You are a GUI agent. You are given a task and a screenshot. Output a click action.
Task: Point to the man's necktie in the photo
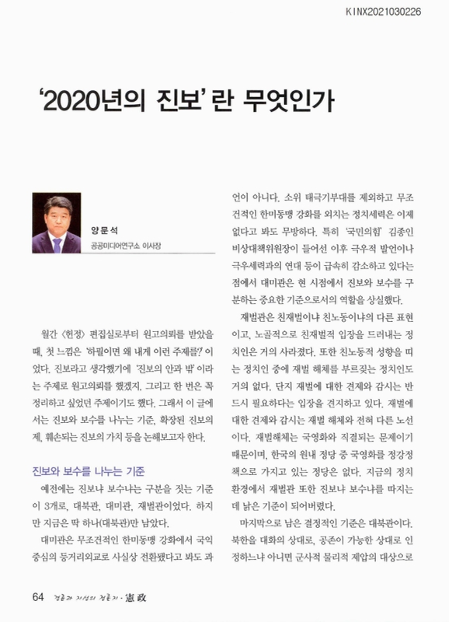57,243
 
